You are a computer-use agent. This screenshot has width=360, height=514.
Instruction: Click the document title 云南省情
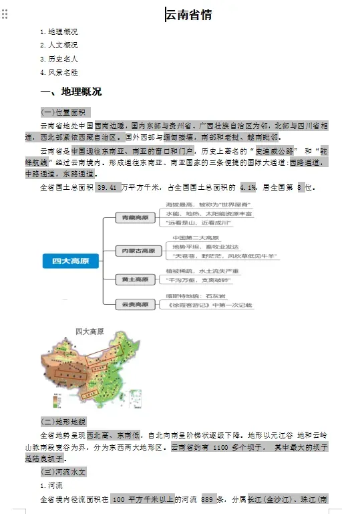pyautogui.click(x=189, y=15)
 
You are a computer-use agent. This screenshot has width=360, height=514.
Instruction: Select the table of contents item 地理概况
pyautogui.click(x=62, y=32)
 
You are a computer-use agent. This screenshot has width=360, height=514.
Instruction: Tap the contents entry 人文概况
pyautogui.click(x=62, y=45)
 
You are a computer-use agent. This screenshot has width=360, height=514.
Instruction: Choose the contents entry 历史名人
pyautogui.click(x=62, y=59)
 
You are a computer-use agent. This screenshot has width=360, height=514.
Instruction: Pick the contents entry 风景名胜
pyautogui.click(x=62, y=72)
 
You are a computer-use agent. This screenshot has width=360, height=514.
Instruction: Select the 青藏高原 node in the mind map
pyautogui.click(x=136, y=218)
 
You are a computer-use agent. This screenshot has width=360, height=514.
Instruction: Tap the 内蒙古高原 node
pyautogui.click(x=138, y=251)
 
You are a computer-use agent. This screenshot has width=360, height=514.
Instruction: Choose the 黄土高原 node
pyautogui.click(x=136, y=278)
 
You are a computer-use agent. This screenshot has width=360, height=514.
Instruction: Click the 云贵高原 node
pyautogui.click(x=136, y=304)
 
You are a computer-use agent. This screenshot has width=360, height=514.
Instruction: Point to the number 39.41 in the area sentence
pyautogui.click(x=107, y=187)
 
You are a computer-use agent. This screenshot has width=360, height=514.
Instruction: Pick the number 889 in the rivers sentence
pyautogui.click(x=207, y=499)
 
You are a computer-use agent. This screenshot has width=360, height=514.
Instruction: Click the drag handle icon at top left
pyautogui.click(x=5, y=14)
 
